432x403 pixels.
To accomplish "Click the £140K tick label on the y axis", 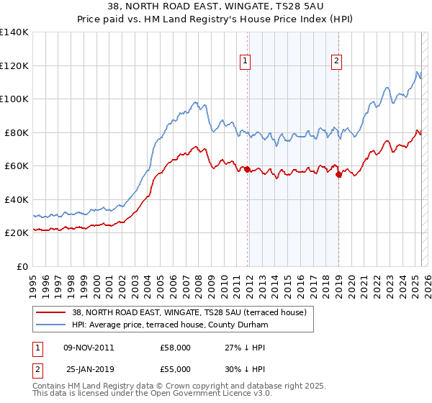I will coord(14,32).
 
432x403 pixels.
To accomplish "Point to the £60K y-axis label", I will coord(17,166).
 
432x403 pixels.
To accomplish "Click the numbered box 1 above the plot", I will coord(246,62).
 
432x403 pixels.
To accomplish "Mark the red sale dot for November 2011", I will coord(248,170).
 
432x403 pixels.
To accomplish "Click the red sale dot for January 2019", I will coord(339,173).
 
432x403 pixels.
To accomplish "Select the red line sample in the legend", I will coord(51,312).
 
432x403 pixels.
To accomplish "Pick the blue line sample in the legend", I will coord(51,325).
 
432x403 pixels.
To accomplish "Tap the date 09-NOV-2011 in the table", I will coord(89,348).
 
